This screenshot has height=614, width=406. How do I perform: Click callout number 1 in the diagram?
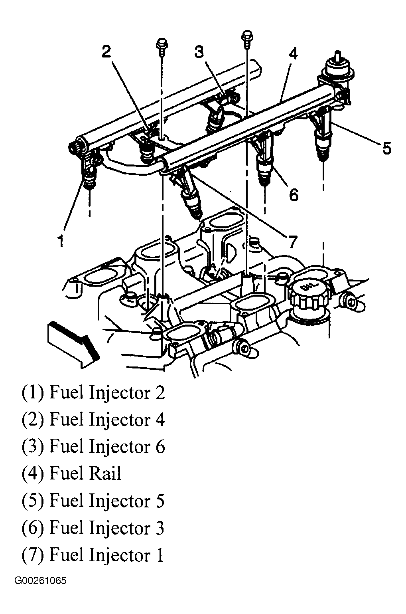[x=61, y=241]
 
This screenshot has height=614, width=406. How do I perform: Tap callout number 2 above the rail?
[x=106, y=51]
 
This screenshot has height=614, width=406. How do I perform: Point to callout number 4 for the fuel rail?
[x=293, y=53]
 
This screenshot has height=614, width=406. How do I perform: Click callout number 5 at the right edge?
[x=386, y=149]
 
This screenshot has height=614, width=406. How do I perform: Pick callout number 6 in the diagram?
[x=293, y=195]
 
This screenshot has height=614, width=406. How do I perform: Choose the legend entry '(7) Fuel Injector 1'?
[x=93, y=555]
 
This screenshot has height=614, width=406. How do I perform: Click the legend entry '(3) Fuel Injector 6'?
[x=93, y=446]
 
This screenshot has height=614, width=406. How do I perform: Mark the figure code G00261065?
[x=41, y=592]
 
